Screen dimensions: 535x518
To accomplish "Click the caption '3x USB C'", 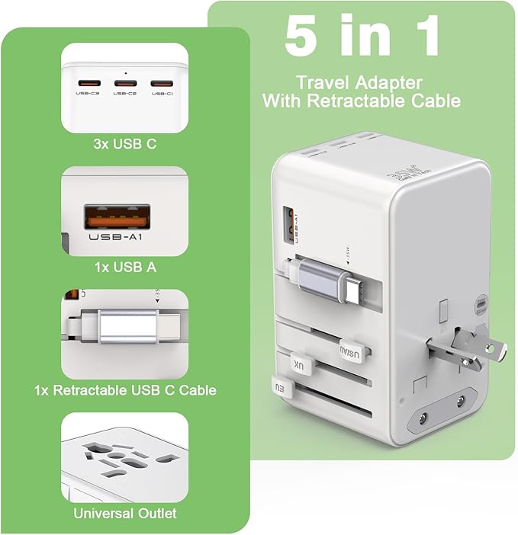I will (124, 143).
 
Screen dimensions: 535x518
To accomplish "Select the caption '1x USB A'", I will (124, 267).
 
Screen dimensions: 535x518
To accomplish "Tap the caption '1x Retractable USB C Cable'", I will (125, 390).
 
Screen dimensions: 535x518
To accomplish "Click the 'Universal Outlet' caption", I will (125, 513).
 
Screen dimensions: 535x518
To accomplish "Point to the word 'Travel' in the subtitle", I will (319, 82).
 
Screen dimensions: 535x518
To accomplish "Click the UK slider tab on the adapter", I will (301, 365).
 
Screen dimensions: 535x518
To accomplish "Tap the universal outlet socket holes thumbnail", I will (124, 457).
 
